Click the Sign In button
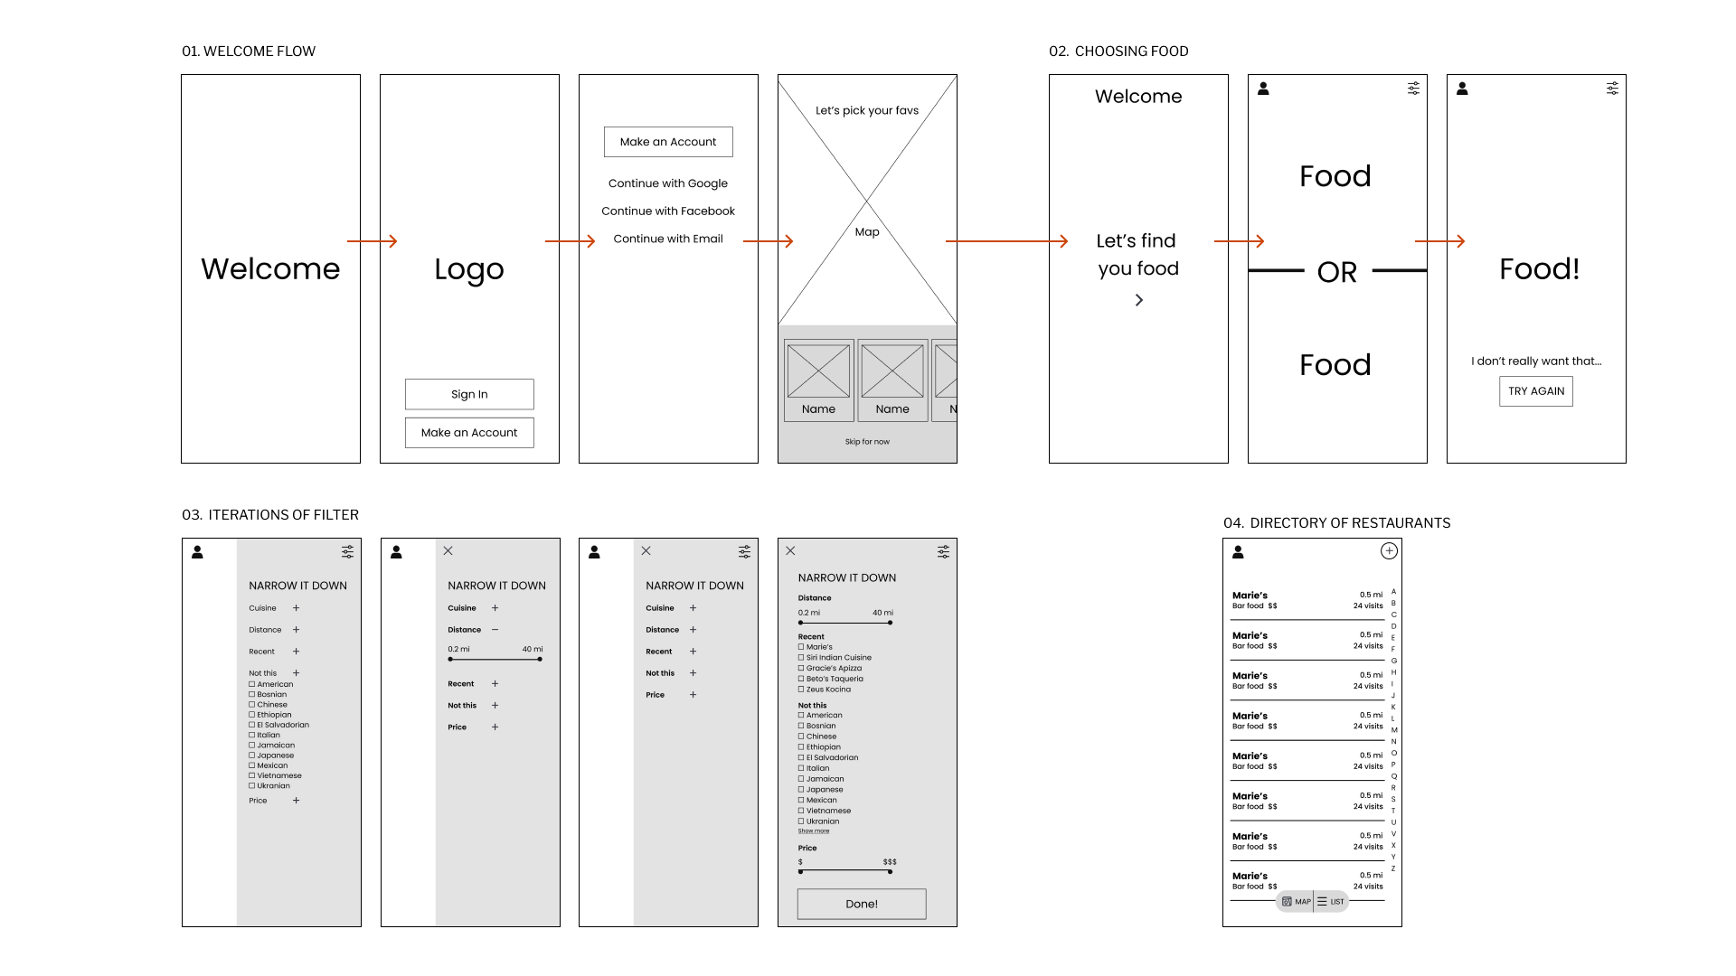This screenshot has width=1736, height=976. click(x=469, y=394)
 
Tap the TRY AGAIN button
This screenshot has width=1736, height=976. click(x=1535, y=391)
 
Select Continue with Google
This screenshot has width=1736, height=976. click(x=667, y=183)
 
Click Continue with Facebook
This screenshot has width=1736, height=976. click(x=667, y=211)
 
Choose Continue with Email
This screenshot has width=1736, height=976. click(x=667, y=239)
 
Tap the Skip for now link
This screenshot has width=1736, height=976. click(x=867, y=442)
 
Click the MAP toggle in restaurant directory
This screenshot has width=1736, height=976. click(x=1297, y=902)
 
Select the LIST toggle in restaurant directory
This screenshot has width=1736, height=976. click(x=1331, y=902)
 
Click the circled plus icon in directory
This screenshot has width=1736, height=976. click(x=1389, y=551)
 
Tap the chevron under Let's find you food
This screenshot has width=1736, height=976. click(x=1139, y=300)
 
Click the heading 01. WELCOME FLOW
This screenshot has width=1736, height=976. click(x=249, y=52)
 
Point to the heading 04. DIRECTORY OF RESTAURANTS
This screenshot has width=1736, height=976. click(x=1336, y=523)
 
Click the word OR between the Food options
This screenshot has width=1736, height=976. click(x=1336, y=272)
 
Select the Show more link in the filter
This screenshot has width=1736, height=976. click(x=813, y=831)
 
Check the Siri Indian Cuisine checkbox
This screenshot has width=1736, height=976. click(x=801, y=658)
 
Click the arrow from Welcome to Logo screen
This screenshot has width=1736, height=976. click(x=372, y=241)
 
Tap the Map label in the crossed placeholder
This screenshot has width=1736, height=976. click(x=867, y=232)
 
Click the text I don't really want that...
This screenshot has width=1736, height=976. click(x=1535, y=361)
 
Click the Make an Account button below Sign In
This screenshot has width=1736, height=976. click(x=469, y=433)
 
